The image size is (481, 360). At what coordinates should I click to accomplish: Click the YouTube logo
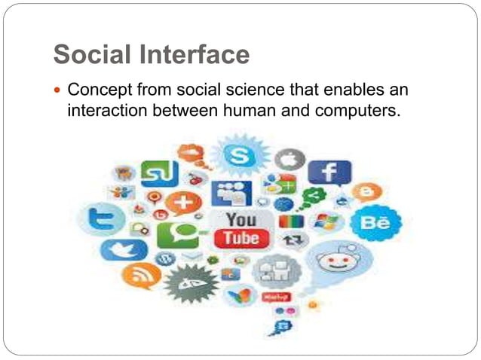click(x=242, y=229)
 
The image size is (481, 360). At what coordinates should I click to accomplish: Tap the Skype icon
click(x=240, y=157)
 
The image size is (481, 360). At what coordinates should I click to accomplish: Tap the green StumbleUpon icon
click(x=160, y=175)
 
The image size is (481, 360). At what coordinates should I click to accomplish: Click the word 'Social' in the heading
click(x=90, y=54)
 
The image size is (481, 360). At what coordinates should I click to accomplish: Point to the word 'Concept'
click(x=97, y=90)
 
